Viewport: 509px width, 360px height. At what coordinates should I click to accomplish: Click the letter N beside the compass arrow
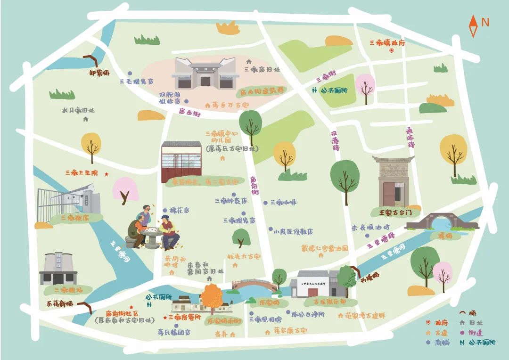(x=485, y=22)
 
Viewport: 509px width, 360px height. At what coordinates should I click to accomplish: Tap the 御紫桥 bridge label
(x=99, y=73)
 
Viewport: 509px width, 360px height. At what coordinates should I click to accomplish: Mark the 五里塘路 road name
(x=379, y=241)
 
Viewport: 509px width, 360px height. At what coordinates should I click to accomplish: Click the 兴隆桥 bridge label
(x=369, y=278)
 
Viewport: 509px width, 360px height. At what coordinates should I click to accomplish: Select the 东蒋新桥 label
(x=60, y=304)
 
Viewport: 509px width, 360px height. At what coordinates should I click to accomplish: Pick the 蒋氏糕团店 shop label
(x=174, y=332)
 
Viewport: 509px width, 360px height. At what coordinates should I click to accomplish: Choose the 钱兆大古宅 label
(x=244, y=257)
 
